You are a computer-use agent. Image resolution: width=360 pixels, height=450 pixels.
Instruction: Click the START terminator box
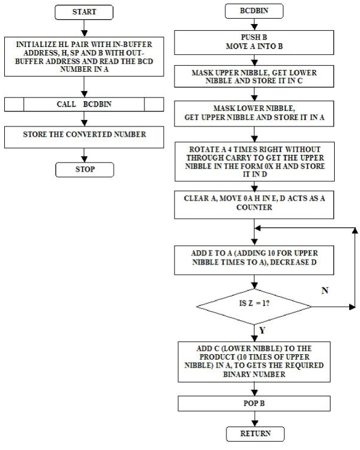[x=84, y=12]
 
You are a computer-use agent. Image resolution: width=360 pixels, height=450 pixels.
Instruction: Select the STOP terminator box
[x=85, y=170]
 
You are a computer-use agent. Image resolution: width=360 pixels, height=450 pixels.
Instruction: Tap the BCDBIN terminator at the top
[x=254, y=11]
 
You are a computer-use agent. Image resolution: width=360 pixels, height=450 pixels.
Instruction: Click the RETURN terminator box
[x=255, y=434]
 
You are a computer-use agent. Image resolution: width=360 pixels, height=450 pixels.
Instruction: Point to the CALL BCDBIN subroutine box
[x=84, y=104]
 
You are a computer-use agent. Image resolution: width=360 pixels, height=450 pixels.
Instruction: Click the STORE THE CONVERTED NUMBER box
[x=84, y=137]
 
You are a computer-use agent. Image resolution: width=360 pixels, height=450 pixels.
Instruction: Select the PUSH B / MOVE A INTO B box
[x=254, y=43]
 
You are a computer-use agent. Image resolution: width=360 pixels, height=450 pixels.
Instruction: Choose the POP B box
[x=254, y=404]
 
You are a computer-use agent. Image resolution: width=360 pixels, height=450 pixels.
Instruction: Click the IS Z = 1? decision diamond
[x=254, y=307]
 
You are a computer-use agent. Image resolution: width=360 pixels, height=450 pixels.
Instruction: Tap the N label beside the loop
[x=324, y=291]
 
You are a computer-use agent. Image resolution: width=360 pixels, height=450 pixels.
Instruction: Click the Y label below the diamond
[x=262, y=331]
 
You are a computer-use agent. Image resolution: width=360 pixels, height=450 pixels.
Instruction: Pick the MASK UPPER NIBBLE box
[x=254, y=77]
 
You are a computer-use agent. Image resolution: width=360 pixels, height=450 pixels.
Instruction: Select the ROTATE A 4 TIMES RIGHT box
[x=255, y=161]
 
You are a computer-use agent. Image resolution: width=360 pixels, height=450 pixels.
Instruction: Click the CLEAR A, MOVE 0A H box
[x=254, y=205]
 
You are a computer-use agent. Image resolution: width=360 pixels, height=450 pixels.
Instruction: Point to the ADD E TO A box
[x=254, y=260]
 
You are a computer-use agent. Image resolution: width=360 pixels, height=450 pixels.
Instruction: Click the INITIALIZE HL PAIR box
[x=84, y=57]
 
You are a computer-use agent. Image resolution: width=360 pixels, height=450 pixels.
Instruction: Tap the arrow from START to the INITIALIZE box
[x=84, y=28]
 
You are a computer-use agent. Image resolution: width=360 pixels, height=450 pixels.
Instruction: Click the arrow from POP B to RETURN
[x=255, y=419]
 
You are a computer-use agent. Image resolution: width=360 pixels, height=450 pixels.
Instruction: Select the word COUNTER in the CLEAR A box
[x=254, y=207]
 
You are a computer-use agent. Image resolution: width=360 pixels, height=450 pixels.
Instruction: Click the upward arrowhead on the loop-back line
[x=355, y=231]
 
